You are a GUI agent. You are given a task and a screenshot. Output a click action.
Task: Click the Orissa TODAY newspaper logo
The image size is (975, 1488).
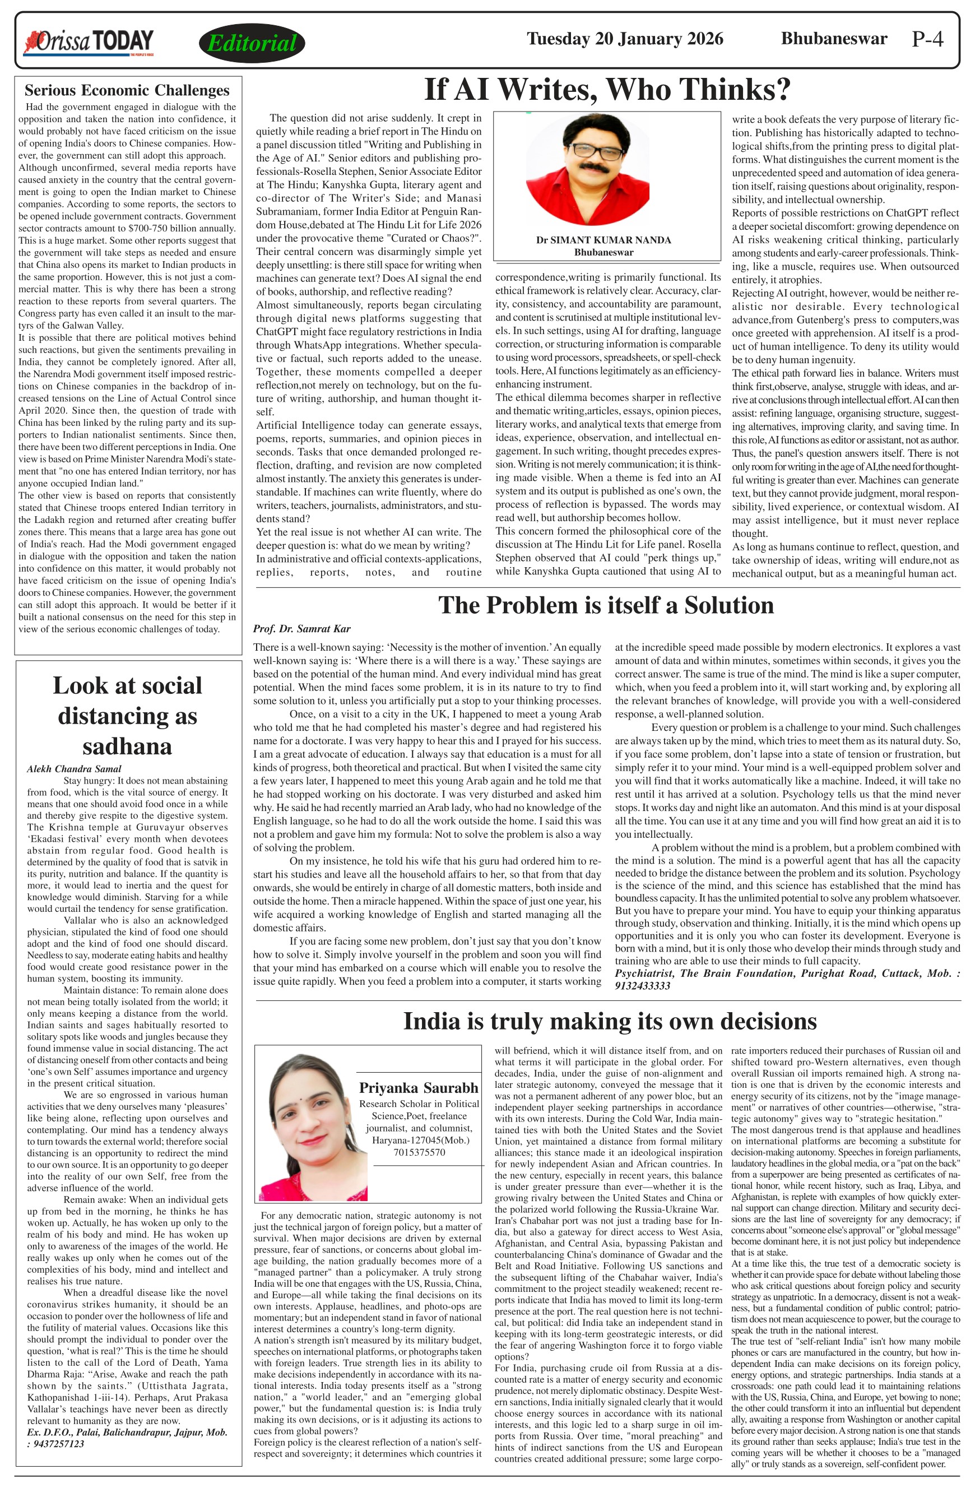click(89, 42)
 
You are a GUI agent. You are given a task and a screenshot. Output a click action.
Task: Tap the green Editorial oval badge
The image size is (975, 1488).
click(252, 43)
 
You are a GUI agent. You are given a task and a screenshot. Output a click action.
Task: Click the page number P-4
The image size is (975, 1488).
click(927, 39)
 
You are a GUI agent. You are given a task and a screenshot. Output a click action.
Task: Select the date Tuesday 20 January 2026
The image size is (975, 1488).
click(625, 39)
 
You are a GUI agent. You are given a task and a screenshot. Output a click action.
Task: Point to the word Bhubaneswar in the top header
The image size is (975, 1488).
click(834, 39)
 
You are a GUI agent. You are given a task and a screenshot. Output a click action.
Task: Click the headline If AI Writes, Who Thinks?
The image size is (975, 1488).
click(607, 90)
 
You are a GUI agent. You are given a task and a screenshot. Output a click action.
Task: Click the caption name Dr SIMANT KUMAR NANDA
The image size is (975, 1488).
click(603, 240)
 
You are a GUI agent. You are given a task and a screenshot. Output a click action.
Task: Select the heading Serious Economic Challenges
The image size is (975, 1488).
click(127, 91)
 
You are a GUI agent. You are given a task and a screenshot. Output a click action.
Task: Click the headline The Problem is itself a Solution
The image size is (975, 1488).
click(606, 605)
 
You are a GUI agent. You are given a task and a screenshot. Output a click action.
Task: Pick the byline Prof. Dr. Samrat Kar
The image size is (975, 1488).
click(302, 629)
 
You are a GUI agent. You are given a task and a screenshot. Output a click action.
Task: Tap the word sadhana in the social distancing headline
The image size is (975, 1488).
click(127, 746)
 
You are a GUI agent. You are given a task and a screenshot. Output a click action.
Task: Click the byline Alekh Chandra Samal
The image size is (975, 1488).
click(74, 769)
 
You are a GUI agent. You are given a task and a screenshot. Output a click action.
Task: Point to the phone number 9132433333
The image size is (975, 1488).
click(643, 986)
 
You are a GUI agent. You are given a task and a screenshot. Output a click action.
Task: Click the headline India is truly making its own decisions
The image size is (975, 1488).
click(610, 1021)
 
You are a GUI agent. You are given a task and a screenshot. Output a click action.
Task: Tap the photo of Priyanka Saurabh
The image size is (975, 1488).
click(305, 1127)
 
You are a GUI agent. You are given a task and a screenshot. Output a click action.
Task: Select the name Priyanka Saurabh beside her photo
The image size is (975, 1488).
click(418, 1088)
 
